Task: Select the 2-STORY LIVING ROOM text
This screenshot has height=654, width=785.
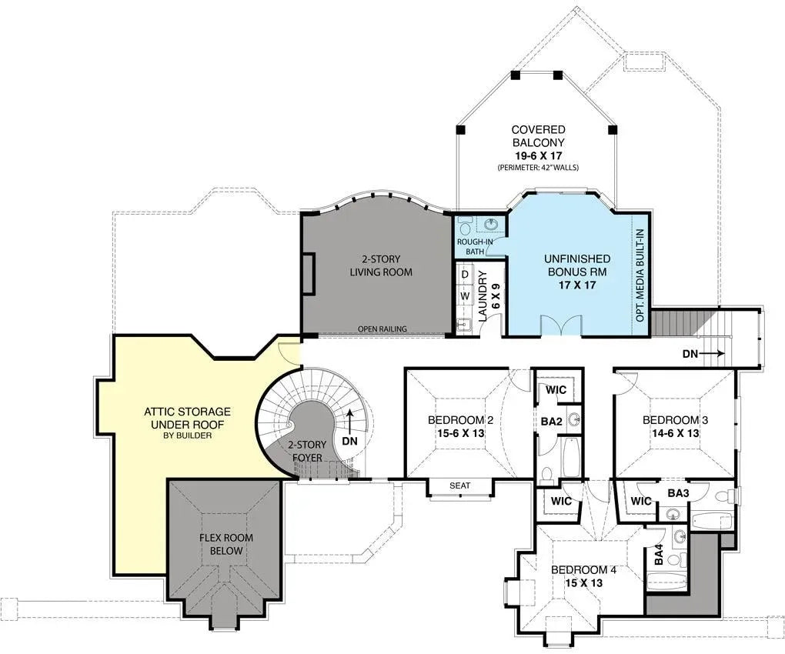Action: point(381,265)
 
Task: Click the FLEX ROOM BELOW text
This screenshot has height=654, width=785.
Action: point(226,544)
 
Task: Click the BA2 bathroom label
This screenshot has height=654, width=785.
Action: point(550,422)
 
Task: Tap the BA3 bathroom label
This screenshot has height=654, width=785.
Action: point(677,493)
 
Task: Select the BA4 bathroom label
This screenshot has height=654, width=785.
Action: point(659,556)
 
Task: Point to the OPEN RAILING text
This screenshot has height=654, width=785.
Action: point(382,329)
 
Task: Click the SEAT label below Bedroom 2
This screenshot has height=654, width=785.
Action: point(459,485)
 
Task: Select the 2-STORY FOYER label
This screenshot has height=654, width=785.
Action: point(306,452)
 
